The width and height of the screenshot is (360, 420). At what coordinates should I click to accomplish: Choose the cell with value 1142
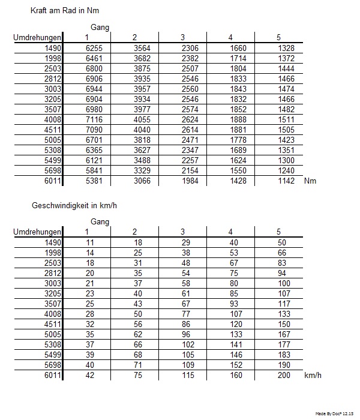(x=287, y=181)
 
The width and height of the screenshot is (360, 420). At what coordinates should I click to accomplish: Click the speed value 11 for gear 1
(x=91, y=242)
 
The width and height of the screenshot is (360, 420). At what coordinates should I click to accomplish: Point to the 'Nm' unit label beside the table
(x=310, y=181)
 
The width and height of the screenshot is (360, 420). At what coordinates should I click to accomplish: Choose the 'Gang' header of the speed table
(x=100, y=222)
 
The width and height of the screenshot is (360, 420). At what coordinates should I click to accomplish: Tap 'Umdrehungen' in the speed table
(x=37, y=232)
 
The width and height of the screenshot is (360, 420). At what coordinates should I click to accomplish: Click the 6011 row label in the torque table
(x=53, y=181)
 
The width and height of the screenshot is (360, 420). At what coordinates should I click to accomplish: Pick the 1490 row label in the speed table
(x=53, y=242)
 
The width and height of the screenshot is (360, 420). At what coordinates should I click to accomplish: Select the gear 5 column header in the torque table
(x=278, y=38)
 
